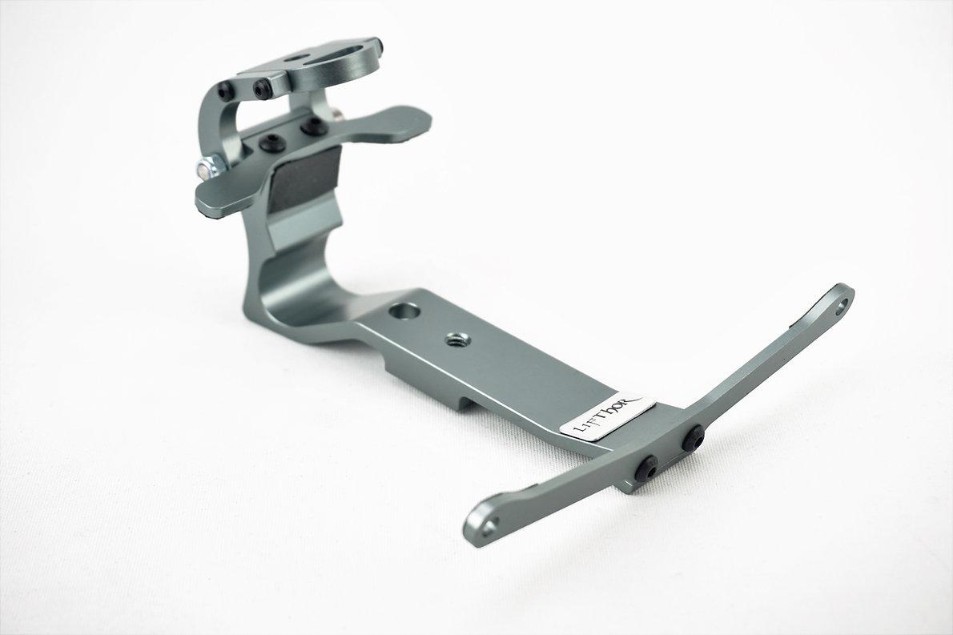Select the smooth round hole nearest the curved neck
tap(400, 310)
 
